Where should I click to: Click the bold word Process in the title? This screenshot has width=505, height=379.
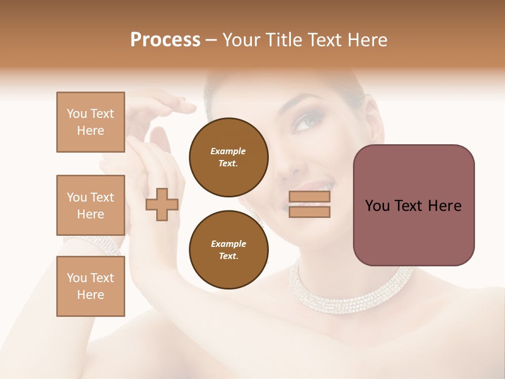point(165,40)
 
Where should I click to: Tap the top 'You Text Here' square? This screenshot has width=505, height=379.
point(90,122)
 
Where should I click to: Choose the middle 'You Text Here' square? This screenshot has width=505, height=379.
point(90,205)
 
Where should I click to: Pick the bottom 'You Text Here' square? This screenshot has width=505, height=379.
point(90,286)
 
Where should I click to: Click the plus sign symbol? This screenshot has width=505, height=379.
point(162,204)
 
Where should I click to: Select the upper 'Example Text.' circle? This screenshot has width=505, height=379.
point(228,157)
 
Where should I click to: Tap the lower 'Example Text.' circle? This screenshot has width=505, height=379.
point(228,250)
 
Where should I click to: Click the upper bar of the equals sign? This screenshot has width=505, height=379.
point(309,197)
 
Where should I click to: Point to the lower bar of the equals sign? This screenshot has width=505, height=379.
point(309,212)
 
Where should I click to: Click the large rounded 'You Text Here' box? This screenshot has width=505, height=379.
point(413,205)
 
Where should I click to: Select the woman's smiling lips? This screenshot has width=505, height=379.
point(322,186)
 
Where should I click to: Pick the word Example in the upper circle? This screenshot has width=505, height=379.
point(228,151)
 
